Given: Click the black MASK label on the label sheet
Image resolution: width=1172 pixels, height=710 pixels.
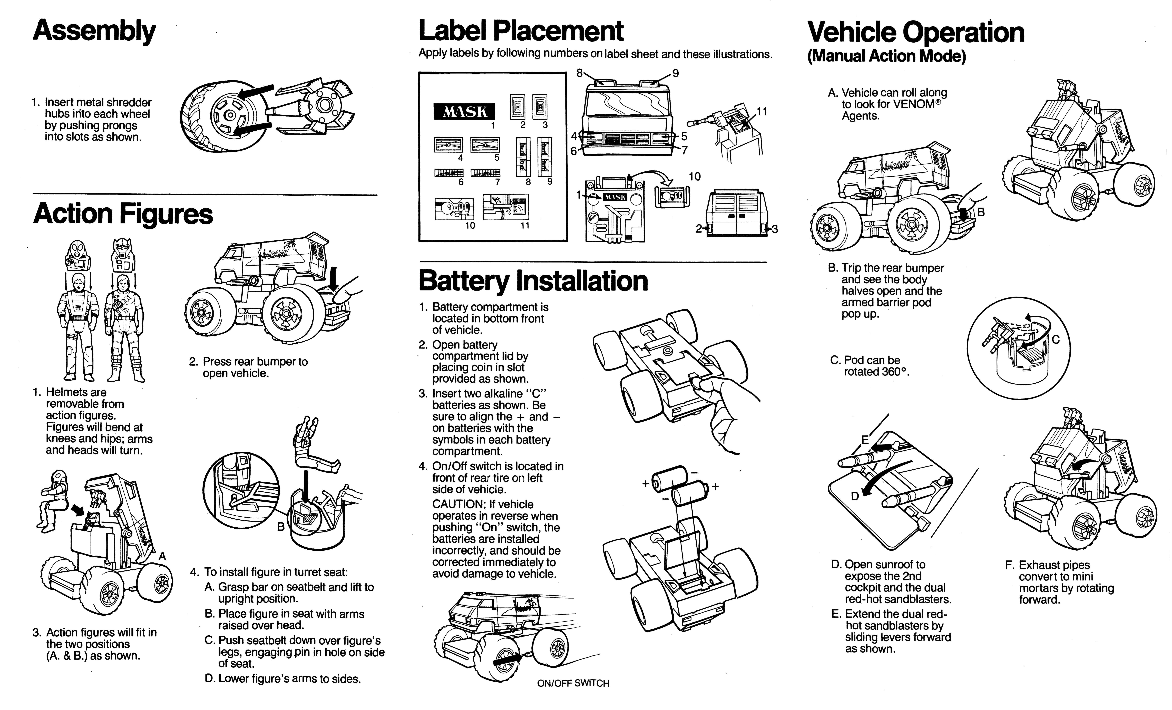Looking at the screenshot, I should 464,112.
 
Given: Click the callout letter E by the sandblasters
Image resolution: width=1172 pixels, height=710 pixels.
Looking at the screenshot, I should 865,440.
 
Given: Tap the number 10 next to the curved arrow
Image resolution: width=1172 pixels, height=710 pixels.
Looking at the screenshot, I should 694,177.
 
